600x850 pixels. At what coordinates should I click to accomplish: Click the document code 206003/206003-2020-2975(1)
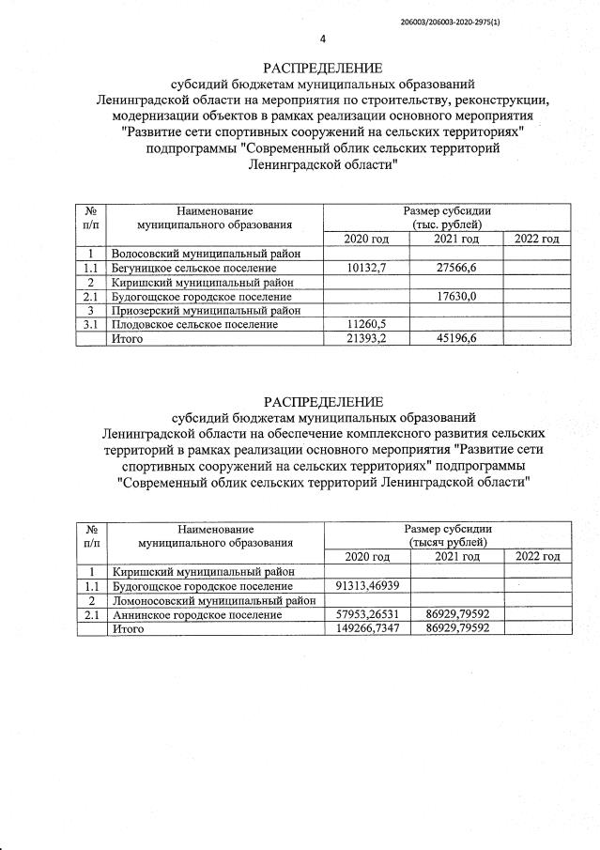(451, 21)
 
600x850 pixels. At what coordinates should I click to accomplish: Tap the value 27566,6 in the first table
(456, 268)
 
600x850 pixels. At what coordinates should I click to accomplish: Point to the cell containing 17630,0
(456, 296)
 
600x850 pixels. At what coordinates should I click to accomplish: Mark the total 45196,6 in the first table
(456, 338)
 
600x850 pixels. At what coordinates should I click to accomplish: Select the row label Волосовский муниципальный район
(206, 254)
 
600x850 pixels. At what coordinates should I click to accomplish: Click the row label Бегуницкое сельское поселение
(193, 268)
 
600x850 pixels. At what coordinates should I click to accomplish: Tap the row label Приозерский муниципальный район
(206, 310)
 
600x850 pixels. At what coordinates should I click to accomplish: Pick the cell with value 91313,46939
(367, 586)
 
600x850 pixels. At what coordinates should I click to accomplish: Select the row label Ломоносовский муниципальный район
(213, 600)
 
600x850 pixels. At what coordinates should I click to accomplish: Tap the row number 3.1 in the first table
(92, 324)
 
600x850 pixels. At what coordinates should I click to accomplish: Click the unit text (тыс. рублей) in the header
(446, 225)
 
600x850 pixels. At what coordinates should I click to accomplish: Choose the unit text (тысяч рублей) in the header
(447, 543)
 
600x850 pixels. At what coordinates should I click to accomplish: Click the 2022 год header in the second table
(537, 557)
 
